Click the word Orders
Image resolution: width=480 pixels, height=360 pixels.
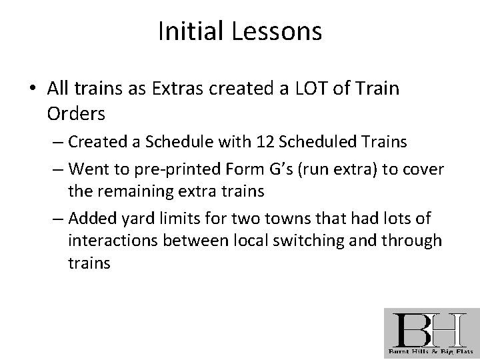[76, 114]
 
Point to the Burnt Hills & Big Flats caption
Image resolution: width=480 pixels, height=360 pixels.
[431, 351]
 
